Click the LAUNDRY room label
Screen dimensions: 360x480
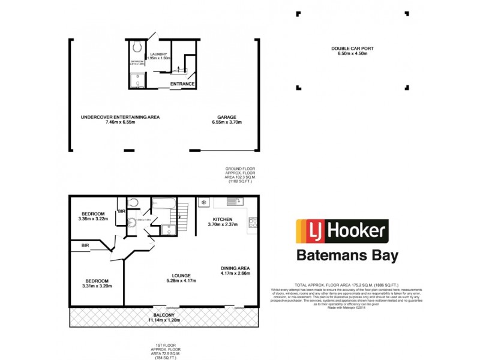pyautogui.click(x=158, y=53)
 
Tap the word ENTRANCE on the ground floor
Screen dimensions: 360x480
pyautogui.click(x=182, y=83)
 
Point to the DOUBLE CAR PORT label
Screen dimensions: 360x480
pyautogui.click(x=349, y=49)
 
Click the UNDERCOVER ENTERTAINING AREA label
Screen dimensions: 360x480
pyautogui.click(x=120, y=117)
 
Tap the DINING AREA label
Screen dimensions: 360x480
pyautogui.click(x=235, y=268)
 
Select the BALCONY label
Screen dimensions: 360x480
pyautogui.click(x=164, y=315)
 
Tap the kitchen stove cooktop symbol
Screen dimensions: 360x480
pyautogui.click(x=253, y=223)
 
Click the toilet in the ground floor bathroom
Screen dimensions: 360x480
pyautogui.click(x=137, y=46)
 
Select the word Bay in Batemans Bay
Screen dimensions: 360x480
pyautogui.click(x=383, y=256)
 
